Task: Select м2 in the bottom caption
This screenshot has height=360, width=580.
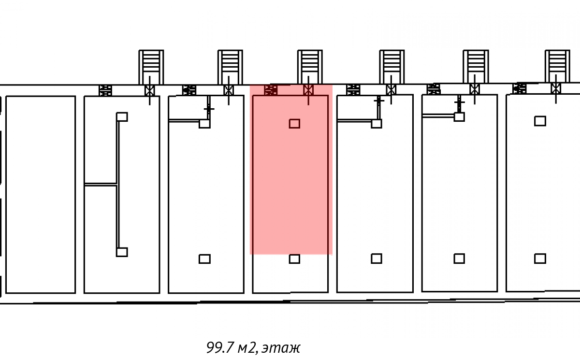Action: click(x=247, y=348)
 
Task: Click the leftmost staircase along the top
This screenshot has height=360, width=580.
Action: click(x=151, y=67)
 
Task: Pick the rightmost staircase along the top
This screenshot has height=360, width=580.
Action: click(x=557, y=67)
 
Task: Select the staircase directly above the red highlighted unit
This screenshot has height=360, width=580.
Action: click(x=309, y=67)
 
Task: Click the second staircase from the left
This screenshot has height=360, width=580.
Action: click(x=230, y=67)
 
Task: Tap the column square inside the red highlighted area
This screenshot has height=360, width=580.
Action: click(x=294, y=124)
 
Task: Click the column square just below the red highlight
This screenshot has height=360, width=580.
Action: click(x=294, y=259)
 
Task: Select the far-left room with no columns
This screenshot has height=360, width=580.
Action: click(x=41, y=194)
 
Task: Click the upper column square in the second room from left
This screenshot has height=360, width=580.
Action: click(x=122, y=117)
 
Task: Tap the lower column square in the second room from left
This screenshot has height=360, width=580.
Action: click(x=122, y=252)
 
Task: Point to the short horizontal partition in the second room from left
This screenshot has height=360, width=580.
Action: click(x=101, y=184)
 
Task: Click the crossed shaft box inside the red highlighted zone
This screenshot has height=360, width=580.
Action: click(x=308, y=90)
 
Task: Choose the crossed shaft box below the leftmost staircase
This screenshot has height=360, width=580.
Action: click(x=150, y=90)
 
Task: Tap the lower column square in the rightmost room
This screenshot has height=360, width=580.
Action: click(x=540, y=259)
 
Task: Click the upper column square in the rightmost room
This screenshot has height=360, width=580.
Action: click(x=540, y=121)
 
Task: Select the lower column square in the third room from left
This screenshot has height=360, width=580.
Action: click(x=204, y=259)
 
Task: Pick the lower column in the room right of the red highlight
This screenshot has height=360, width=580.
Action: click(x=377, y=259)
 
